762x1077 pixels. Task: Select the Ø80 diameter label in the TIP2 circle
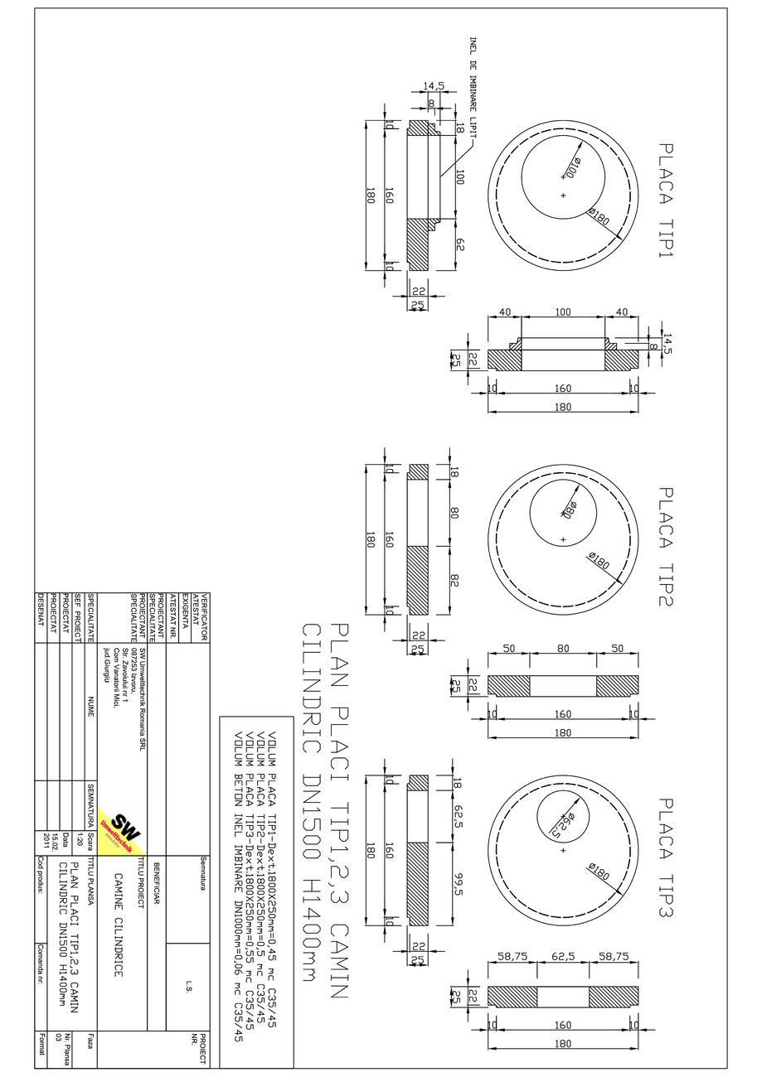tap(570, 507)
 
